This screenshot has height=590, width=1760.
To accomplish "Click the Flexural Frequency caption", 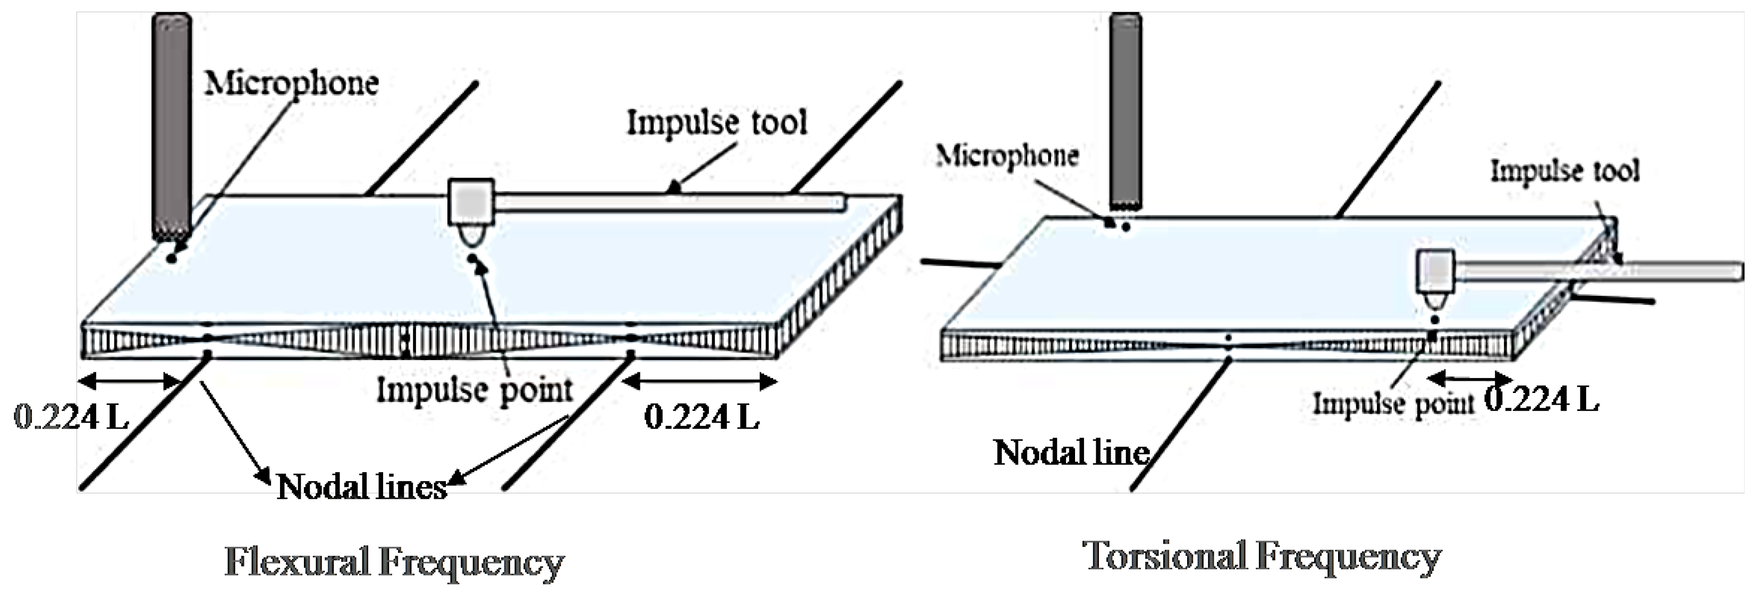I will (x=394, y=562).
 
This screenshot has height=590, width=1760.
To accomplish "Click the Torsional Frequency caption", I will (x=1262, y=557).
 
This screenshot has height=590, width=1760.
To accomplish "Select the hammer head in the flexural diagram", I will (x=471, y=202).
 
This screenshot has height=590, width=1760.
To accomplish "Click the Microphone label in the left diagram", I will (x=292, y=83).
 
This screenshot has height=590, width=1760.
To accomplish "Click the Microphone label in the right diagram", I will (x=1007, y=156).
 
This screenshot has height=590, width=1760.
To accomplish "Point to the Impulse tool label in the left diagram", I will (x=717, y=123).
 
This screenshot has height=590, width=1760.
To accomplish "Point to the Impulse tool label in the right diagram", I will (x=1564, y=170).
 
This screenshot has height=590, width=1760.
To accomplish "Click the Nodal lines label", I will (x=361, y=487).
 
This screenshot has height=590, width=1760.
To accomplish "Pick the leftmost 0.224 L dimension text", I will (x=71, y=416).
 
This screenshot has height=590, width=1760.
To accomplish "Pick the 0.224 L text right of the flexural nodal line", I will (x=701, y=416).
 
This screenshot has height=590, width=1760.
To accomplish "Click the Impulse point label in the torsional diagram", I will (x=1394, y=404).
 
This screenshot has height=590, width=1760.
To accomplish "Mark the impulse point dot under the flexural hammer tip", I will (x=472, y=259).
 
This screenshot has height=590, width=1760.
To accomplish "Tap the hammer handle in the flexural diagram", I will (x=670, y=202).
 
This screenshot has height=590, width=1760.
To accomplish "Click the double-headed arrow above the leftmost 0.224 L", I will (x=130, y=381).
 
